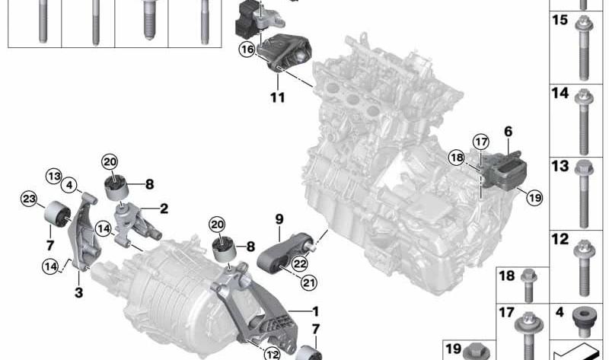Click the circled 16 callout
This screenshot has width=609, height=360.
(247, 49)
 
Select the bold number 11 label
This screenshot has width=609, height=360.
(278, 97)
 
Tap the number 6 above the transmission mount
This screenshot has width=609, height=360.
(508, 132)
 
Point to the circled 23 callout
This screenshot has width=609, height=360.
(29, 199)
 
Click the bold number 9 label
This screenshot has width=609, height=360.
(279, 219)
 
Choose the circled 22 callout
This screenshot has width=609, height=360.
(299, 263)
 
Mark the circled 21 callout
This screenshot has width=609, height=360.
(308, 282)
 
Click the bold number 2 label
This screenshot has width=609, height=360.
(164, 209)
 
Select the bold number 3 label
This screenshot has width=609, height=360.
(78, 292)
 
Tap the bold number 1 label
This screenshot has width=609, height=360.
(315, 311)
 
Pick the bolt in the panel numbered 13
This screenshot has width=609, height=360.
(583, 193)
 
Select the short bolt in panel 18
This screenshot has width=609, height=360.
(528, 286)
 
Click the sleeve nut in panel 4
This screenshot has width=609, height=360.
(582, 321)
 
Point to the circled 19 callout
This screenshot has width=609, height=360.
(534, 198)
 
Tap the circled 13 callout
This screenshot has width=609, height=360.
(54, 177)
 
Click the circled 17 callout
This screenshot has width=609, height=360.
(481, 142)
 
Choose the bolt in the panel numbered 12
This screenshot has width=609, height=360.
(584, 268)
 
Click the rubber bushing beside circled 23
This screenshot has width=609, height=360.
(57, 213)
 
